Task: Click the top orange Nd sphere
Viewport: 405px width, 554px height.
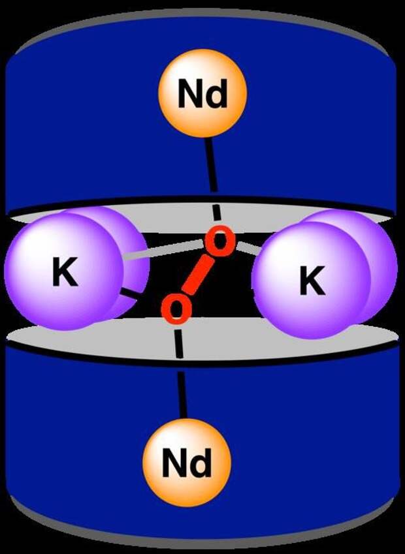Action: click(202, 93)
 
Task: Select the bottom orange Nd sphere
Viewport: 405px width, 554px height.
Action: click(187, 463)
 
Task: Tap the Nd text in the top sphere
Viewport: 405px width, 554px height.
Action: click(202, 93)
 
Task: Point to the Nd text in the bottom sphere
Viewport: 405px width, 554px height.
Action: click(186, 463)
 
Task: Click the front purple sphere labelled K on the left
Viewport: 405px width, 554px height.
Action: click(63, 271)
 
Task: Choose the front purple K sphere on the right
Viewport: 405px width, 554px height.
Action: click(312, 280)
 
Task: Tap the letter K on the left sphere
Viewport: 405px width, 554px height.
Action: click(65, 271)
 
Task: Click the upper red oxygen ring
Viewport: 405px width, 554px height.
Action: click(219, 240)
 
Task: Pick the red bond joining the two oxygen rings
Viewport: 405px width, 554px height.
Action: click(198, 275)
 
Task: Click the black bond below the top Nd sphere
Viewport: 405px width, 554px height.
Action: click(212, 164)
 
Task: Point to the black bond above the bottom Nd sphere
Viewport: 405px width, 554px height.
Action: click(182, 395)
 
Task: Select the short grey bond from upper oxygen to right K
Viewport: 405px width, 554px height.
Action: click(249, 248)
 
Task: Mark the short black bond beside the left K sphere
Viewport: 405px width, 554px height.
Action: click(129, 294)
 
